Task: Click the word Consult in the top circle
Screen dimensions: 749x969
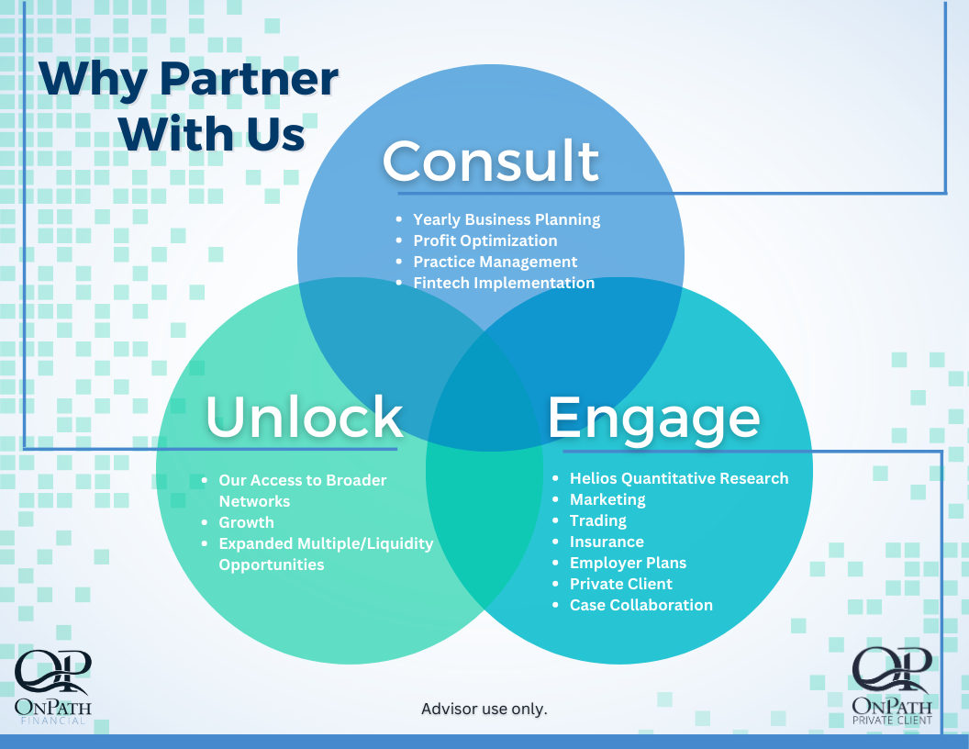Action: pyautogui.click(x=490, y=161)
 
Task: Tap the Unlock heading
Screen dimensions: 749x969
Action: pyautogui.click(x=304, y=417)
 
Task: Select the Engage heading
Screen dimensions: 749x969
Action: pyautogui.click(x=653, y=418)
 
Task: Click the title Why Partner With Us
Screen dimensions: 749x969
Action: pyautogui.click(x=188, y=106)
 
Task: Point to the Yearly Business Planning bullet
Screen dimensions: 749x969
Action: pyautogui.click(x=507, y=219)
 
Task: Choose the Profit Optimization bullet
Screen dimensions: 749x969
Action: pyautogui.click(x=485, y=240)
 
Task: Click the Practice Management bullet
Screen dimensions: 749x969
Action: pyautogui.click(x=496, y=262)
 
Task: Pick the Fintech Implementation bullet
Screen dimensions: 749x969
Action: pyautogui.click(x=504, y=283)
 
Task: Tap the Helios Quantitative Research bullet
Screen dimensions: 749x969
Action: pyautogui.click(x=679, y=478)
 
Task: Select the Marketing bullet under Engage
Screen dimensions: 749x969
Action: pyautogui.click(x=607, y=499)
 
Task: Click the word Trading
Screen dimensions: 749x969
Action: pyautogui.click(x=598, y=520)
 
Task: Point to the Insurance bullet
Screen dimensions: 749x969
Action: pyautogui.click(x=607, y=542)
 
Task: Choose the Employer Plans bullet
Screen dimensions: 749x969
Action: pyautogui.click(x=628, y=563)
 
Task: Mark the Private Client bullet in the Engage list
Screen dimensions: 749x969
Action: pyautogui.click(x=621, y=584)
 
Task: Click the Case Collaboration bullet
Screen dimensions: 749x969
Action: pyautogui.click(x=641, y=605)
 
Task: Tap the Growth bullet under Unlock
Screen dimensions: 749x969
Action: pyautogui.click(x=246, y=522)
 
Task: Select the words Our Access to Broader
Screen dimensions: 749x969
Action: pyautogui.click(x=303, y=480)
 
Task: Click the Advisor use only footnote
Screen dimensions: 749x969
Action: pyautogui.click(x=484, y=709)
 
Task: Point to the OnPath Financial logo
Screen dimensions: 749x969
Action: pyautogui.click(x=53, y=688)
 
